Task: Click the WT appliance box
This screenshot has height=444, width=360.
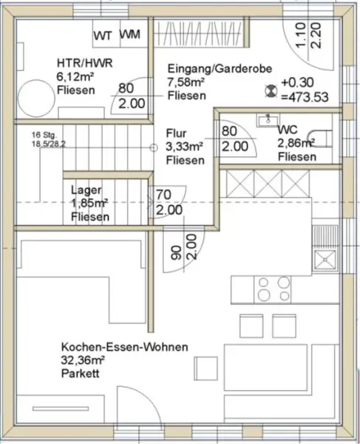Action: [103, 34]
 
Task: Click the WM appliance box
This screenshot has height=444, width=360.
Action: [131, 34]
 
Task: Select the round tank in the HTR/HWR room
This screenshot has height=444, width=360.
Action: [34, 96]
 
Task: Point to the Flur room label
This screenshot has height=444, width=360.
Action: [177, 133]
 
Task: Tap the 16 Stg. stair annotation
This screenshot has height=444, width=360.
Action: [44, 134]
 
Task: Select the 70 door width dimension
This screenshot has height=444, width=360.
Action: [163, 196]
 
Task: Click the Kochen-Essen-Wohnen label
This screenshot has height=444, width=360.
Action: [124, 347]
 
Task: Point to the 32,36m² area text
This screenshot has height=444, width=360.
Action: [83, 360]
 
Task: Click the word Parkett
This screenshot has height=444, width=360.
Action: [81, 374]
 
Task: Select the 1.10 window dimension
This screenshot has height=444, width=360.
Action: [300, 34]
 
